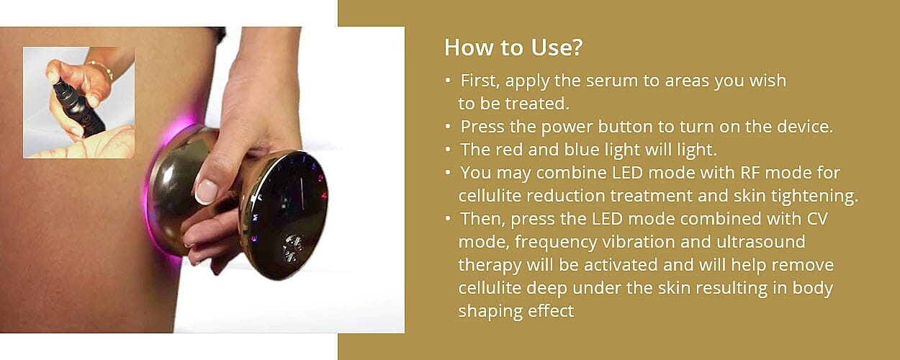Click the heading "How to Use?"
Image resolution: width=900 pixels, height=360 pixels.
tap(513, 48)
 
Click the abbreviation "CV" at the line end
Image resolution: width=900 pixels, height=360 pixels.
tap(816, 219)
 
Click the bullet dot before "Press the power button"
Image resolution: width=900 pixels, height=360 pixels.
tap(448, 127)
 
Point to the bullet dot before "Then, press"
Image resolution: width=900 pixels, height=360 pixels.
tap(448, 219)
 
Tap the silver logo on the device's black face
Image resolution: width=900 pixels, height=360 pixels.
tap(293, 248)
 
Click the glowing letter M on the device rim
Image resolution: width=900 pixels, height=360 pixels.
tap(256, 217)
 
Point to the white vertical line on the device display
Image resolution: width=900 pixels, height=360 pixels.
tap(302, 193)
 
